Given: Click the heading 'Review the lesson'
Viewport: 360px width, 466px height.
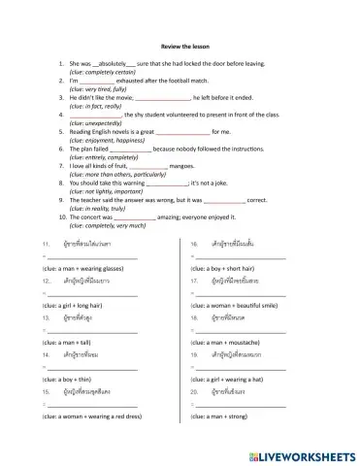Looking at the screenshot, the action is point(180,44).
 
